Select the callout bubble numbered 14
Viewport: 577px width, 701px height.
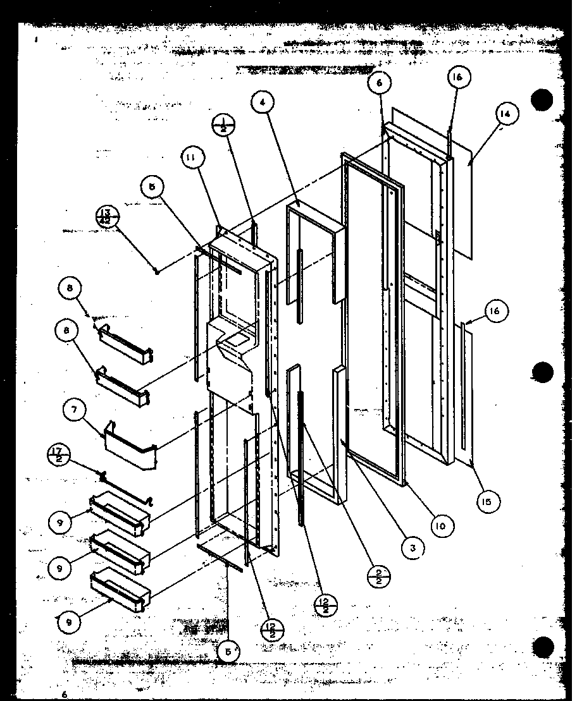[504, 115]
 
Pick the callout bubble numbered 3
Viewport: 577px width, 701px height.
[412, 549]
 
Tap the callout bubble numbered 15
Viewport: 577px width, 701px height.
[487, 501]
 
